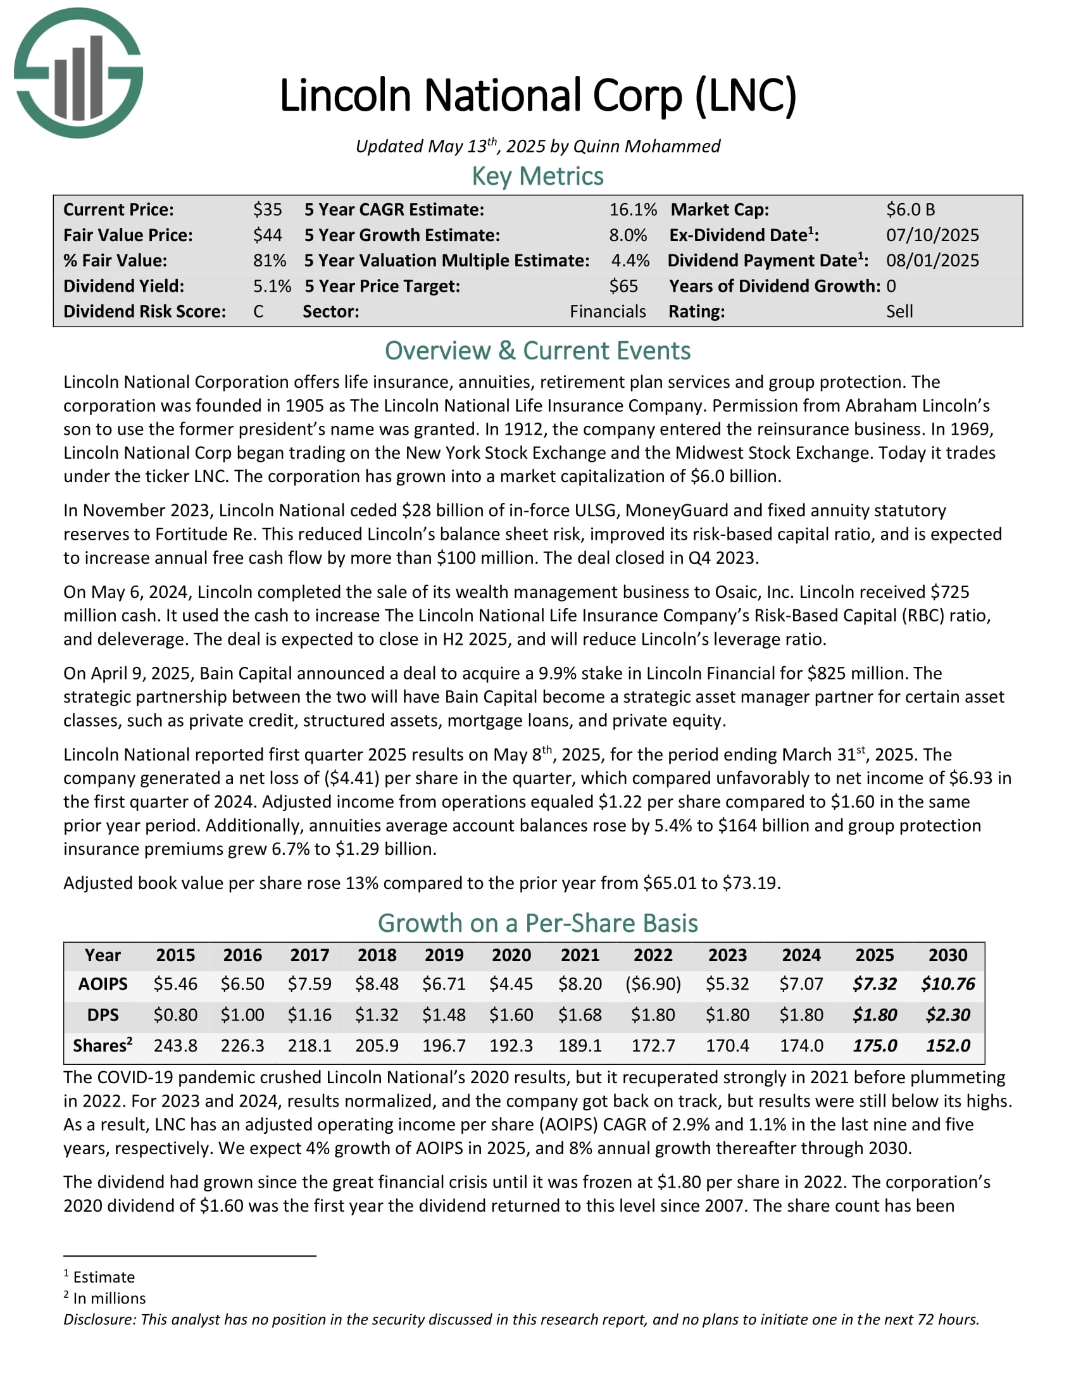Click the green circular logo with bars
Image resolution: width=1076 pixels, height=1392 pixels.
pos(78,73)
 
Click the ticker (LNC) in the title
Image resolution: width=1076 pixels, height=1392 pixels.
pos(745,96)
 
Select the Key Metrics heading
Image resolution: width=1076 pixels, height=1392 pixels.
pos(537,176)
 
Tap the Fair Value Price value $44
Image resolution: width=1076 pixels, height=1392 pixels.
pos(267,235)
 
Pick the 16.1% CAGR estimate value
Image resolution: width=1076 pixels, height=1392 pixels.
pos(632,209)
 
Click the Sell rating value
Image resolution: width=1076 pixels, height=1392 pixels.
pos(899,312)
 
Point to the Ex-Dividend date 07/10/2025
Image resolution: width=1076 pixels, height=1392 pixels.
pos(932,235)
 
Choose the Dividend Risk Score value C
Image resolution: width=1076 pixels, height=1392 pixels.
pos(258,312)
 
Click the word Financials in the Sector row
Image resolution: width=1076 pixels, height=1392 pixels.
pos(608,312)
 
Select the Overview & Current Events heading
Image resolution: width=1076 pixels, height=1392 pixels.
pos(537,351)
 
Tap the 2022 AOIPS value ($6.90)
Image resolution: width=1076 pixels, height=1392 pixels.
pos(653,984)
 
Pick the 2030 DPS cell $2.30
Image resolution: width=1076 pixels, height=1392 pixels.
pos(948,1015)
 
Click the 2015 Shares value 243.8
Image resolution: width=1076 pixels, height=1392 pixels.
pos(175,1045)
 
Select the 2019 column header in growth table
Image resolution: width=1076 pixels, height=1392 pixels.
pos(444,955)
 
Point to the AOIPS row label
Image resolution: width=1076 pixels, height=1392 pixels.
pos(103,984)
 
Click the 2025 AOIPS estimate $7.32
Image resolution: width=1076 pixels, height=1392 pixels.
pos(874,984)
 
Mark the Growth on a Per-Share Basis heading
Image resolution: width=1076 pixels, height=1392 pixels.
pos(537,923)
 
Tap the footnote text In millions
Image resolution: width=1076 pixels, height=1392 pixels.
pos(109,1298)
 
